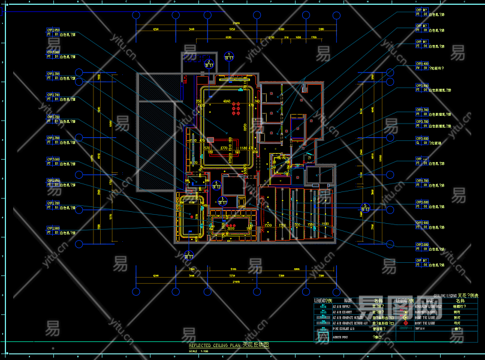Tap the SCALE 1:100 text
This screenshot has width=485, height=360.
tap(199, 352)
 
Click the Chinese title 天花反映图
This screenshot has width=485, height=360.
tap(256, 346)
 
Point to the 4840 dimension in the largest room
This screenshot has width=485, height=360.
tap(227, 101)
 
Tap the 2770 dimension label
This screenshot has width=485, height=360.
tap(224, 147)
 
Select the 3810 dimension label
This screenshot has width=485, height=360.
tap(230, 228)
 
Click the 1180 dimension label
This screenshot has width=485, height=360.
tap(243, 147)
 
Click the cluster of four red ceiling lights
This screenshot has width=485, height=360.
tap(236, 109)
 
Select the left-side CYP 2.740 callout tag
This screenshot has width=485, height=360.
tap(53, 95)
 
